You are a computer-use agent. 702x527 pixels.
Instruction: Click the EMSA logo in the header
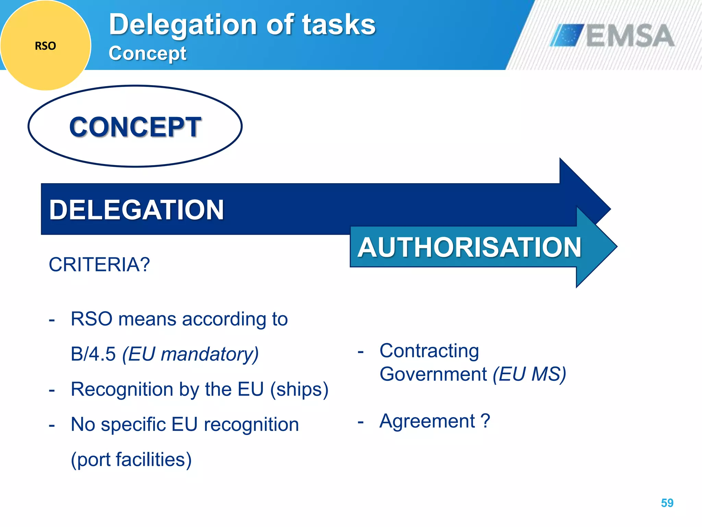pyautogui.click(x=612, y=35)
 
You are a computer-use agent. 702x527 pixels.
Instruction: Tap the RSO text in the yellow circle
pyautogui.click(x=45, y=46)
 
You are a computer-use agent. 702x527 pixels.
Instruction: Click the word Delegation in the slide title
pyautogui.click(x=183, y=25)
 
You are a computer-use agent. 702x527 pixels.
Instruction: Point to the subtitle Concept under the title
pyautogui.click(x=147, y=54)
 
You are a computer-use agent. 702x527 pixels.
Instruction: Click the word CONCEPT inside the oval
pyautogui.click(x=135, y=127)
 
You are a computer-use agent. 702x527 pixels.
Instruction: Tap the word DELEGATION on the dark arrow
pyautogui.click(x=136, y=210)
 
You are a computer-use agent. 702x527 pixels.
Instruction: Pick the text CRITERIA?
pyautogui.click(x=99, y=265)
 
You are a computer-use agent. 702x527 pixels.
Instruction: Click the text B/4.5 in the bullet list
pyautogui.click(x=93, y=354)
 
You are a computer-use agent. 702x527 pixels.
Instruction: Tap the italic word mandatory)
pyautogui.click(x=210, y=354)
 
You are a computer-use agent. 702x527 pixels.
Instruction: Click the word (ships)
pyautogui.click(x=299, y=389)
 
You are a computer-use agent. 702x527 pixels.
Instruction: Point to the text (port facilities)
pyautogui.click(x=131, y=459)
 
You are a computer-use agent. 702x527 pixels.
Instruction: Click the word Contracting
pyautogui.click(x=429, y=351)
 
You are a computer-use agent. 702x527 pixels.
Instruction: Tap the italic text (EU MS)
pyautogui.click(x=529, y=374)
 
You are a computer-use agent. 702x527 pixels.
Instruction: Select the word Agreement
pyautogui.click(x=427, y=421)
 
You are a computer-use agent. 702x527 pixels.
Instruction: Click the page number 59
pyautogui.click(x=667, y=503)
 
